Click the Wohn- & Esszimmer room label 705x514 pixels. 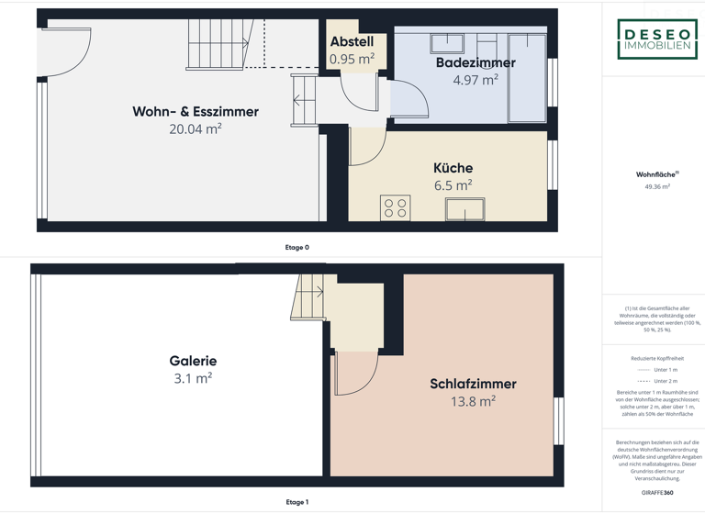[x=196, y=112]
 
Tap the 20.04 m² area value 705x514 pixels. [x=196, y=129]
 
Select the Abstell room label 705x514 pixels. [x=352, y=42]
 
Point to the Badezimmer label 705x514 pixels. [x=476, y=63]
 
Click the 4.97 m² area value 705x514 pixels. [x=476, y=80]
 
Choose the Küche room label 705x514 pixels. [x=453, y=168]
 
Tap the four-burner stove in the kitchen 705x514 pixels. [x=396, y=208]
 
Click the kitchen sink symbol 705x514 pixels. [x=464, y=209]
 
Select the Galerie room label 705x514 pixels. [x=193, y=361]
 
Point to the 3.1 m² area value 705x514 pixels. [x=193, y=378]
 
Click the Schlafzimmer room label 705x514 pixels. [x=473, y=384]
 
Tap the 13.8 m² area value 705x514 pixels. [x=473, y=401]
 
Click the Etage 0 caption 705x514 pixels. [x=297, y=247]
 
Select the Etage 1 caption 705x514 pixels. [x=297, y=502]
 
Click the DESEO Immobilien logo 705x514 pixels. [x=656, y=39]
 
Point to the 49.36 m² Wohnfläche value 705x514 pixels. [x=657, y=186]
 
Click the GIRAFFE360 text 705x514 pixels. [x=657, y=493]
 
